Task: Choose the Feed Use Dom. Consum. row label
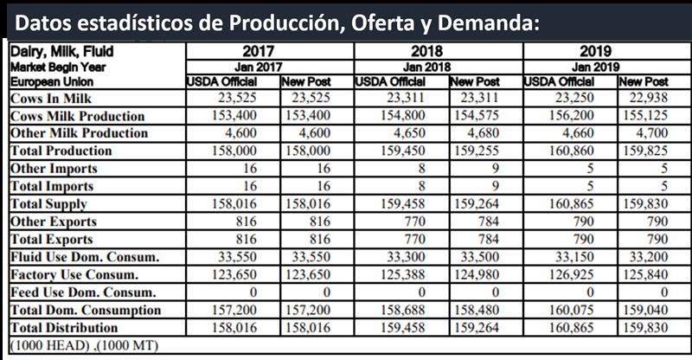(83, 292)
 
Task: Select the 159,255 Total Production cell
(474, 151)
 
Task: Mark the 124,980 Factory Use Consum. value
(474, 274)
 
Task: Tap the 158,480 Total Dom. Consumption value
(474, 310)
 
